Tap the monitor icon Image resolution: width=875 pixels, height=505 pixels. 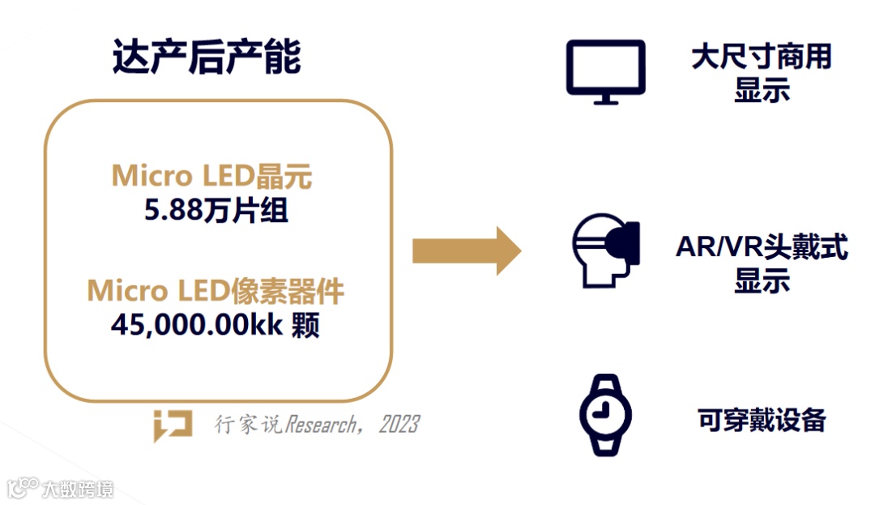(605, 71)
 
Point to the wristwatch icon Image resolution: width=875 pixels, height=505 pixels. (605, 414)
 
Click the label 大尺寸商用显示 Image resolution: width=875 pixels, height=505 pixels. (761, 73)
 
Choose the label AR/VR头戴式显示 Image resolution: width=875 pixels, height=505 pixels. (761, 263)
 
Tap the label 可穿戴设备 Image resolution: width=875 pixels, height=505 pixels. (761, 419)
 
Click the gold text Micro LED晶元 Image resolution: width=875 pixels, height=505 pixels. (211, 176)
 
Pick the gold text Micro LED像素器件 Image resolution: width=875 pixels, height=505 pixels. (216, 291)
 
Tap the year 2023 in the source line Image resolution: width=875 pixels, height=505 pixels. (399, 424)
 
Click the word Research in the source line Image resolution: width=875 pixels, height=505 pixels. (318, 424)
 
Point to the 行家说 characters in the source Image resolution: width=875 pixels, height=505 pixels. (248, 424)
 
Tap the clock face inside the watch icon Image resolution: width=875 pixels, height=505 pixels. (604, 414)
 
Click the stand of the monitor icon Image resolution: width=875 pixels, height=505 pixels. (605, 99)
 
